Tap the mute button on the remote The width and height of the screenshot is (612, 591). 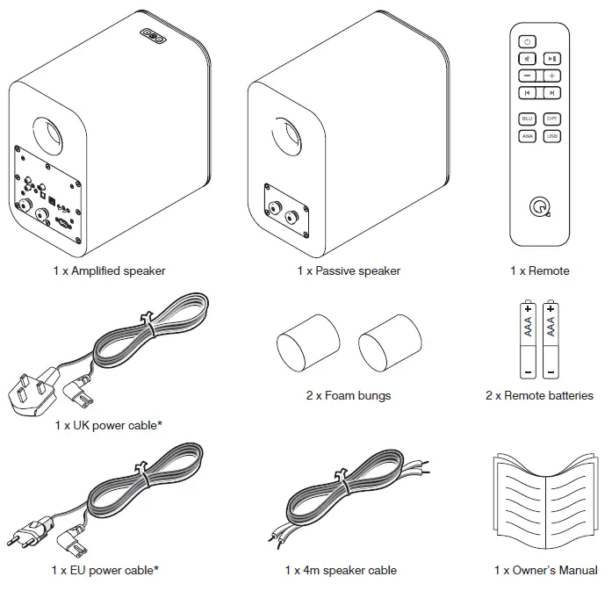[527, 59]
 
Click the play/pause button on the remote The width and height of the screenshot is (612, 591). [551, 59]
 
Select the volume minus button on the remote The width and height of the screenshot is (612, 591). [527, 76]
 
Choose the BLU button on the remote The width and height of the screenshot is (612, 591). [527, 119]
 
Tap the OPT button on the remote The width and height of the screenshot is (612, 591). [551, 119]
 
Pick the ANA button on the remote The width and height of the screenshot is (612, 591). [527, 136]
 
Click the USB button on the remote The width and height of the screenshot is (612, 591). [551, 136]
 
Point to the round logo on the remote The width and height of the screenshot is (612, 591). [538, 206]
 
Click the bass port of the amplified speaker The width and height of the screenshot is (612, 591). [49, 132]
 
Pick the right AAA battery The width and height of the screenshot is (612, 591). [550, 338]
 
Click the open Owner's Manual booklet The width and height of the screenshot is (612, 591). [545, 505]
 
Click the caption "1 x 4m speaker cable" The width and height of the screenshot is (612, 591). [341, 570]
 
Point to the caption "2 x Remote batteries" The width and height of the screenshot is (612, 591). [539, 395]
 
